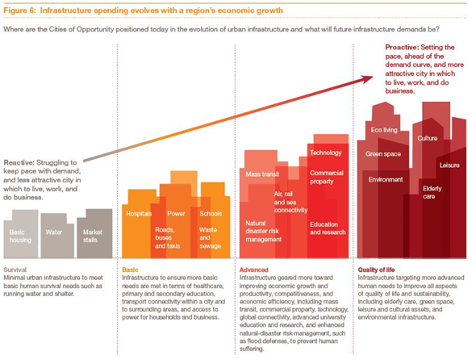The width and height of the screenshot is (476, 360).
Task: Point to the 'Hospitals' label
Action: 138,214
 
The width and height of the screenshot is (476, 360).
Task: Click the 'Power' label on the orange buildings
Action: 177,214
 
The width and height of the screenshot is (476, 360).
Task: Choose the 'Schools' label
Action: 210,214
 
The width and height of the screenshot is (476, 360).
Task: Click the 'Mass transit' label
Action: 263,174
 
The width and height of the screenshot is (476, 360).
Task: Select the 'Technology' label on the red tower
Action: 326,152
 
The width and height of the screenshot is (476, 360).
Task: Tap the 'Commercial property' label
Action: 327,178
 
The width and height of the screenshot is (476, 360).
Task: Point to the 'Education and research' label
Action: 327,229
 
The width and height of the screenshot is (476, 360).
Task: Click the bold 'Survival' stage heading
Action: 17,269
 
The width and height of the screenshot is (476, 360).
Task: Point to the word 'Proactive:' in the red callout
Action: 403,48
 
